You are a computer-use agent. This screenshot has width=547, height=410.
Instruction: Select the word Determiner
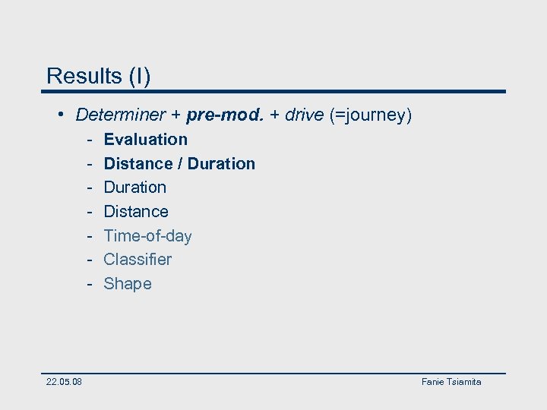[120, 115]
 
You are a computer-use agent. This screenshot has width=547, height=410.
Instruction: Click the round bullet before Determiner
[60, 115]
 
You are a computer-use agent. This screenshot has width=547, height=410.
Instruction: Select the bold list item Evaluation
[145, 140]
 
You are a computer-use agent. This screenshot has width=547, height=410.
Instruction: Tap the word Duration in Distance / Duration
[221, 164]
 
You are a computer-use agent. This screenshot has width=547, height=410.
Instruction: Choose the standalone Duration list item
[134, 188]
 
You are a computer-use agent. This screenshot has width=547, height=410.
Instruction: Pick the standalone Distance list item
[136, 212]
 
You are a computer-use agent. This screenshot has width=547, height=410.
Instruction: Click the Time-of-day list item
[147, 236]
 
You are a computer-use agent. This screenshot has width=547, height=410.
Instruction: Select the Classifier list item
[138, 260]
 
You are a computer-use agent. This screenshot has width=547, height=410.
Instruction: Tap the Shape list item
[128, 284]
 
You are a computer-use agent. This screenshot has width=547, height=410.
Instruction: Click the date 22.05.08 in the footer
[64, 382]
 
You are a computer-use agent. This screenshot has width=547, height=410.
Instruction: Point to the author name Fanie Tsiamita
[451, 382]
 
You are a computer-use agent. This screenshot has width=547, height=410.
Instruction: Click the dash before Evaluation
[89, 140]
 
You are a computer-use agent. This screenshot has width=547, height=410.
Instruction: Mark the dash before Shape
[89, 284]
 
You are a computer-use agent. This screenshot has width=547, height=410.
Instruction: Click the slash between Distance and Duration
[180, 164]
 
